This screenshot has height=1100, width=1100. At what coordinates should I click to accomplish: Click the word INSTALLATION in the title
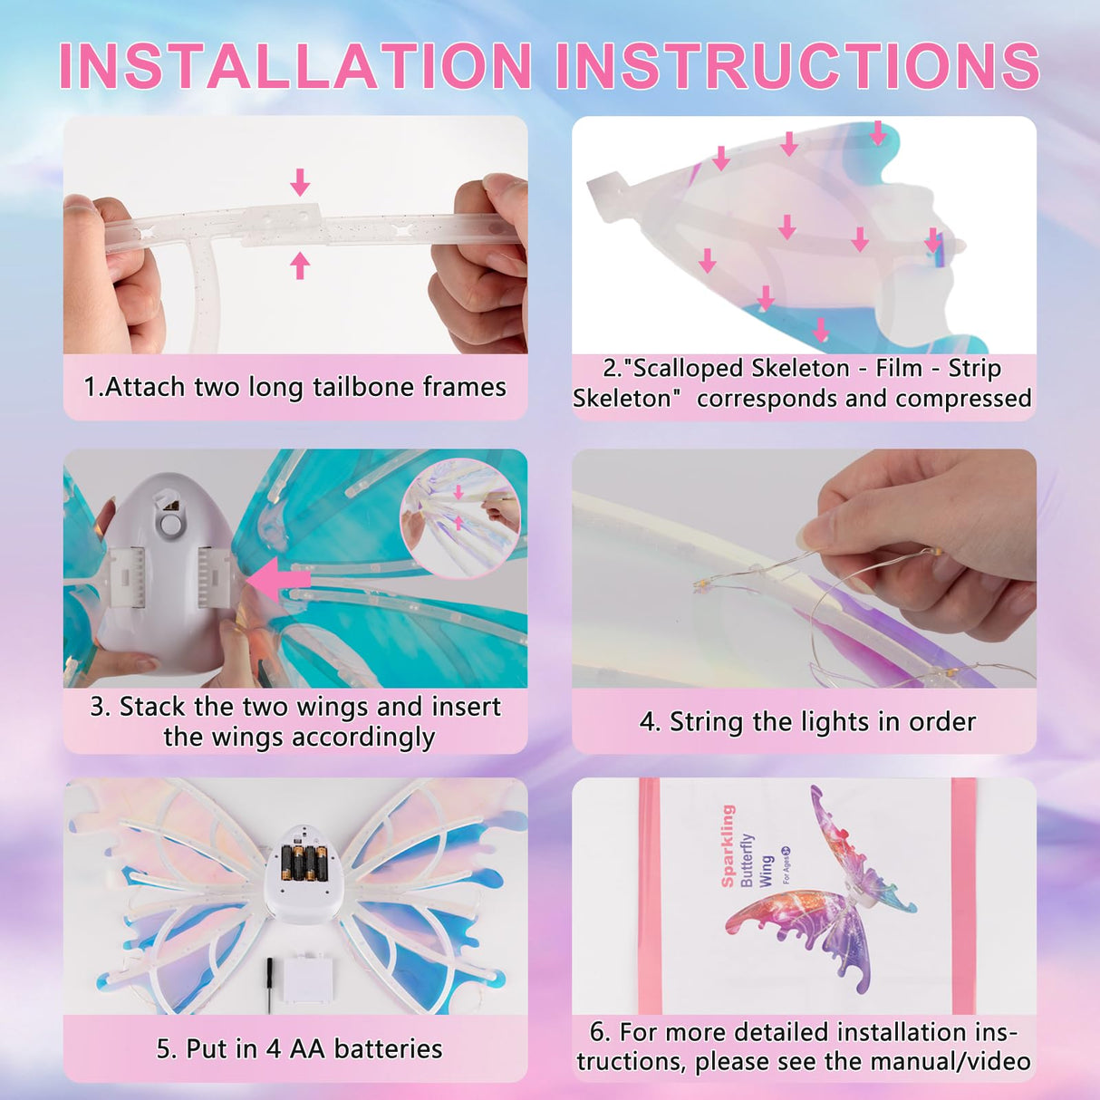(x=295, y=66)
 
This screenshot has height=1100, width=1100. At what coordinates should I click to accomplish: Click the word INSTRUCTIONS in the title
(x=797, y=66)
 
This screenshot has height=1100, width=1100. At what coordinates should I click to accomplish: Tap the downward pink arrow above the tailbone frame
(x=300, y=182)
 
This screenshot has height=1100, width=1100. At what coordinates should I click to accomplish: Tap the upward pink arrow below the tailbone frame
(x=300, y=265)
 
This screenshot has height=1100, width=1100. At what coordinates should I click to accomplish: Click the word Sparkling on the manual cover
(x=728, y=845)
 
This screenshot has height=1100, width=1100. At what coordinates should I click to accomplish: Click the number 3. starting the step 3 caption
(x=100, y=707)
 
